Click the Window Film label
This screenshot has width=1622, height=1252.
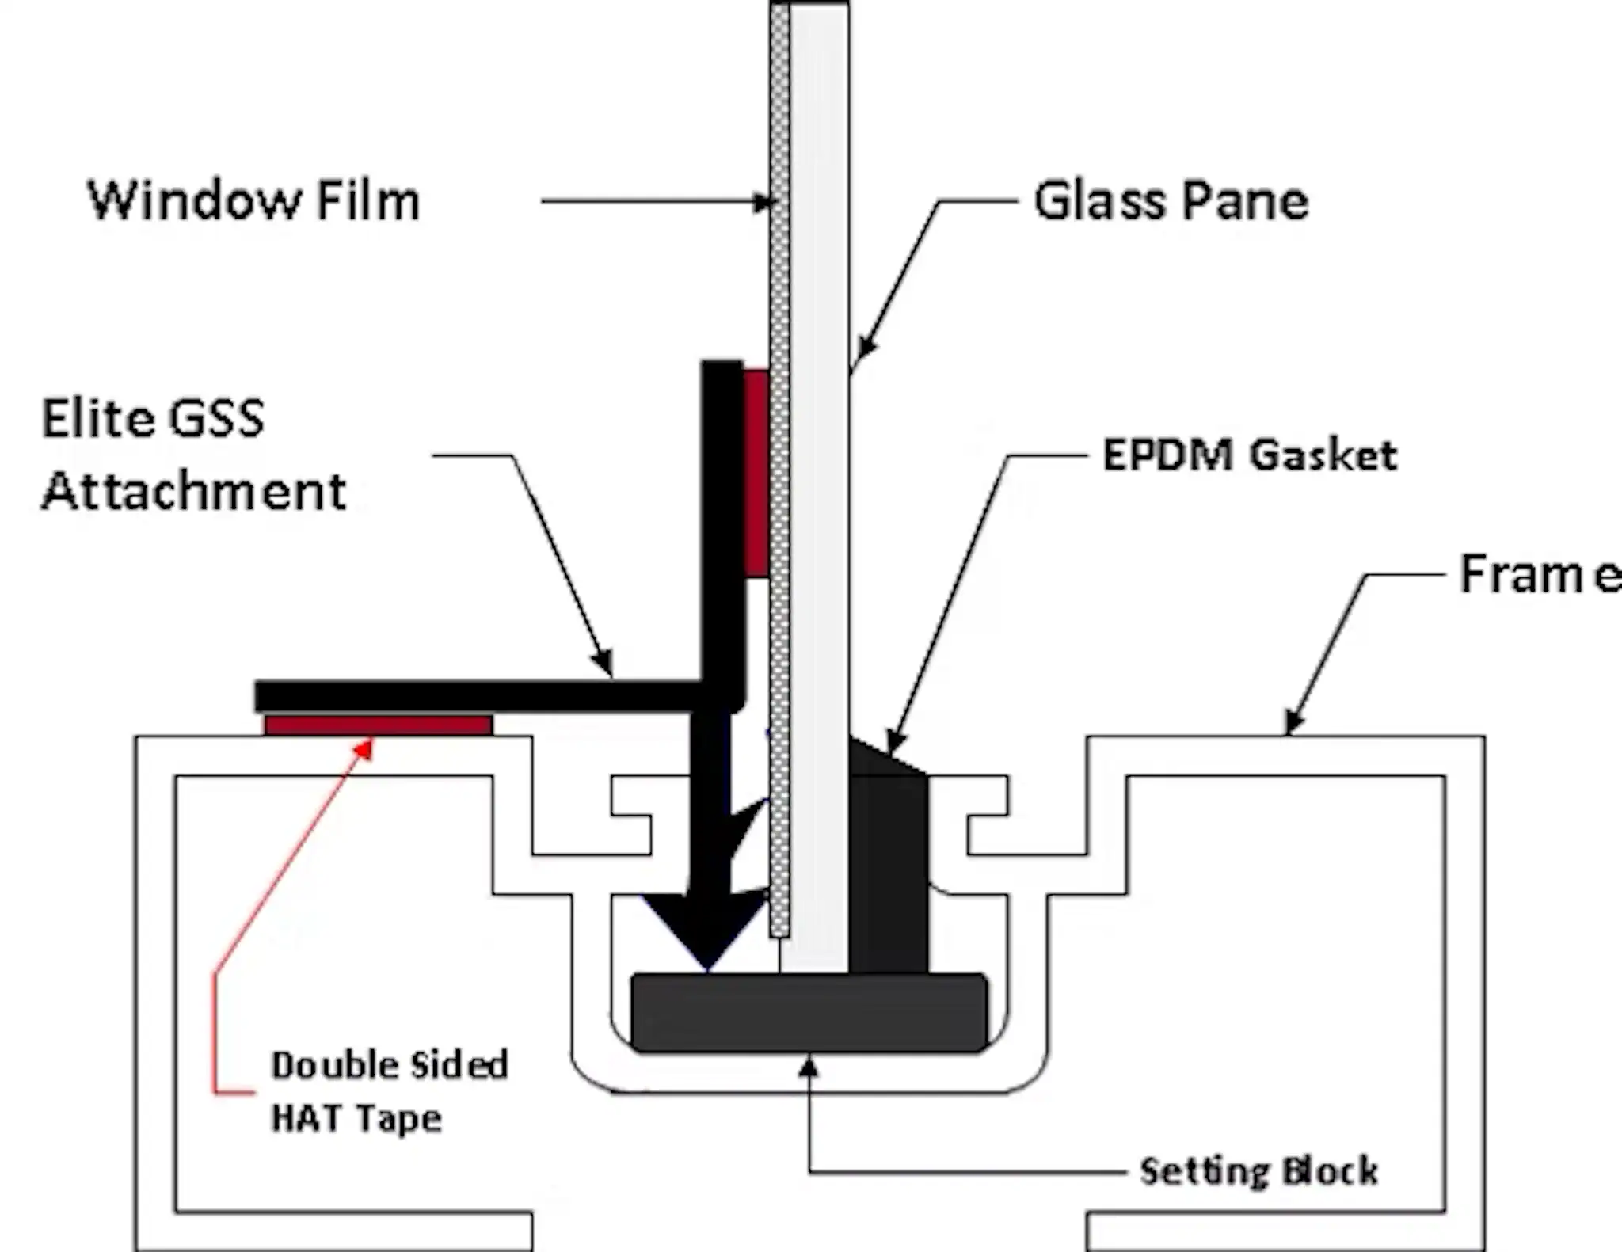[253, 201]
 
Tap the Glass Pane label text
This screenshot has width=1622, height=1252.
[1171, 201]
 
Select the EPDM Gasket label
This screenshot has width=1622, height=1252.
[1250, 455]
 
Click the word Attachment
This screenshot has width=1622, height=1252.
[194, 492]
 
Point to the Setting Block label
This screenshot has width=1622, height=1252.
[1258, 1171]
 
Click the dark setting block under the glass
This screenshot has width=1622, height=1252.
[808, 1013]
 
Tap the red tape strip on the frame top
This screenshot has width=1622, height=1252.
[378, 725]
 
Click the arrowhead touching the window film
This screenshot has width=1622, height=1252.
[762, 203]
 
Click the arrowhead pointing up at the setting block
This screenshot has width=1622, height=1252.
[808, 1068]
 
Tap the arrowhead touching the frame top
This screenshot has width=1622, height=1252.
[1293, 723]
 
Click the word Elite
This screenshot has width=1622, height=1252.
[92, 419]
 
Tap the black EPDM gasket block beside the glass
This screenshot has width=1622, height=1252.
[888, 871]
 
